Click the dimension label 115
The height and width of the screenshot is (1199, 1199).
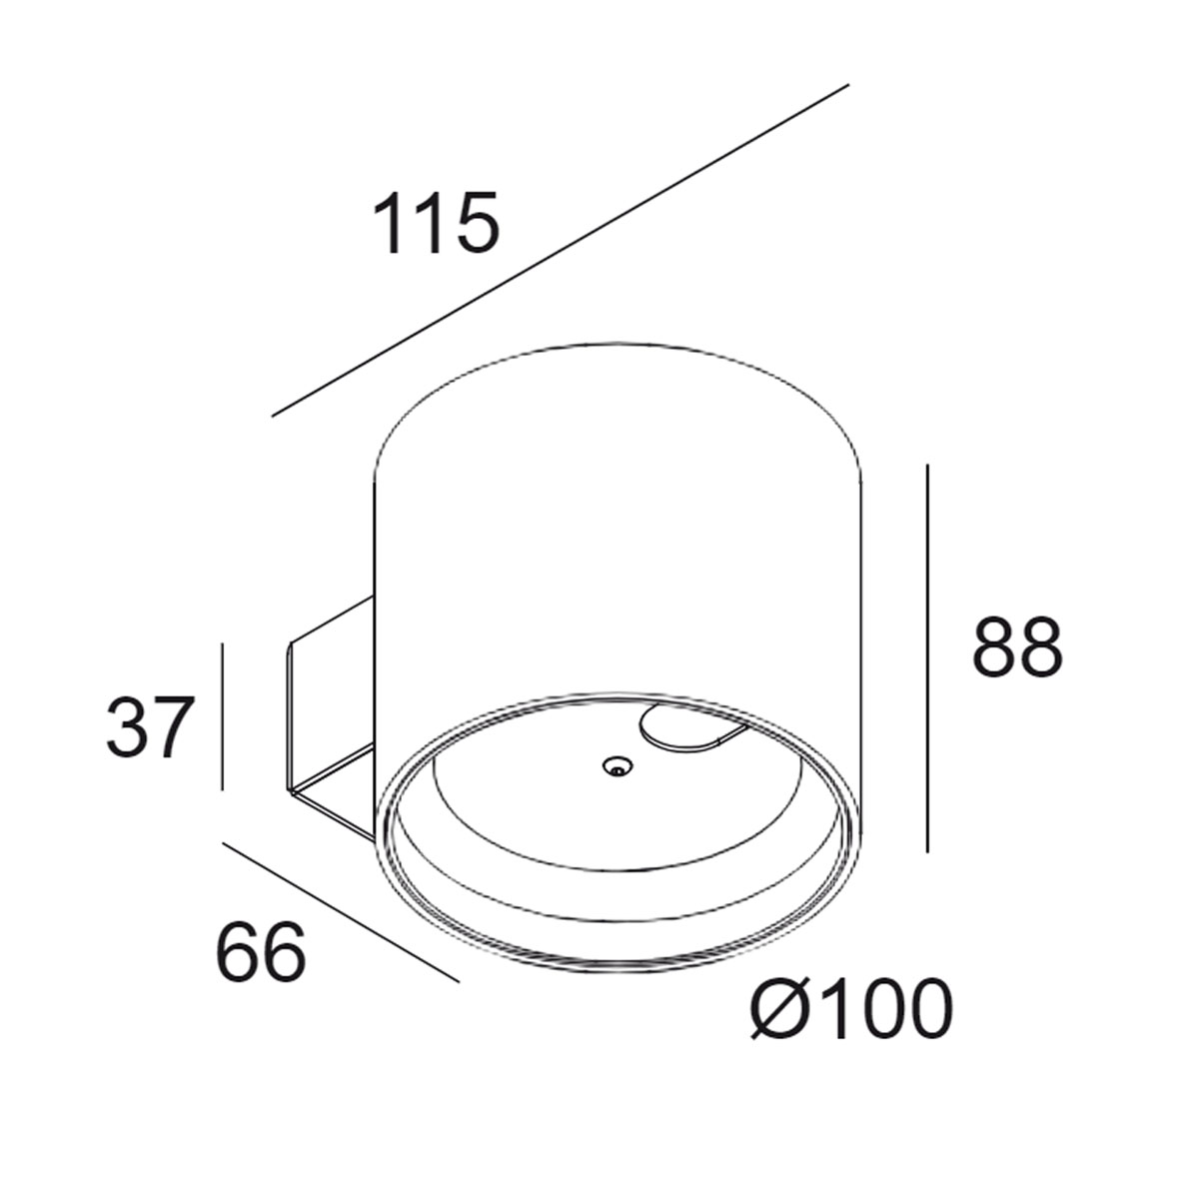click(435, 223)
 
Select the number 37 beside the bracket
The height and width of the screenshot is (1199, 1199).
click(147, 728)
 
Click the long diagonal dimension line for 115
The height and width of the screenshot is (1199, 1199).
click(560, 250)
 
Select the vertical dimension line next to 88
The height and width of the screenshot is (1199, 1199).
click(928, 659)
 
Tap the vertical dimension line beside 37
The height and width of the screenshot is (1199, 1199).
click(221, 716)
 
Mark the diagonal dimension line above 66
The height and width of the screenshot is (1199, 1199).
click(340, 912)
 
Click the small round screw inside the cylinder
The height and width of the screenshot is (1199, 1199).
click(616, 766)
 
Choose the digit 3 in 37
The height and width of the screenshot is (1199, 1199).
click(125, 728)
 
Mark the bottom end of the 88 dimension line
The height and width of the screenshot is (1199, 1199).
click(928, 850)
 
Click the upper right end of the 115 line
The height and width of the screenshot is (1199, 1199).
click(846, 86)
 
